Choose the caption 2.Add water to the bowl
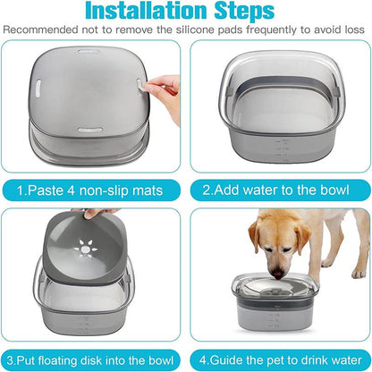(277, 190)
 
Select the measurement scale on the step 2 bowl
(333, 148)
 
